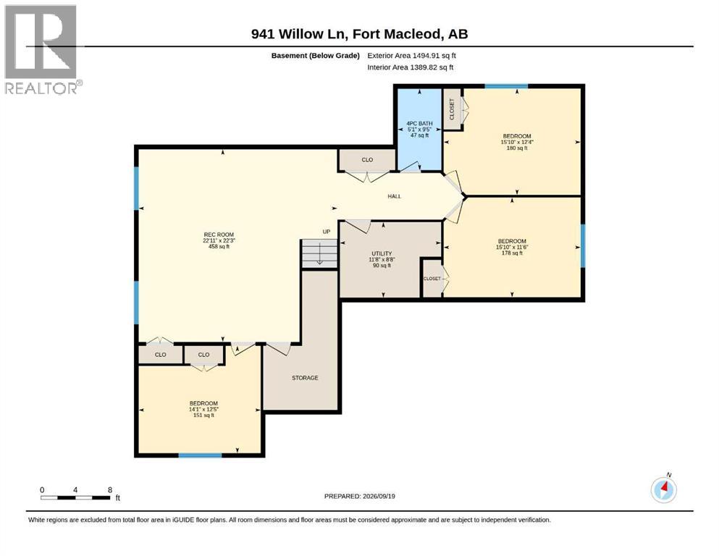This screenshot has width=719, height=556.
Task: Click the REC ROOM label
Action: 219,235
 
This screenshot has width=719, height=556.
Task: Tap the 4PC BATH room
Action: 419,130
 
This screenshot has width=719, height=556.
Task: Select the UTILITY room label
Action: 382,253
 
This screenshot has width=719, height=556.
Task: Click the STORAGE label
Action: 305,378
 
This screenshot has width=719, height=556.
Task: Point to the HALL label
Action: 395,196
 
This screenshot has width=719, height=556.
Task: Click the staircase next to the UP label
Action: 319,253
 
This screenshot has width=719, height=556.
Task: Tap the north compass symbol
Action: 663,489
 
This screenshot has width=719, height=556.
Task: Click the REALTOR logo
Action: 42,49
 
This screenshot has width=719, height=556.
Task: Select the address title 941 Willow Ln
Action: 300,34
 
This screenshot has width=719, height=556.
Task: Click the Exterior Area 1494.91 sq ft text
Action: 411,56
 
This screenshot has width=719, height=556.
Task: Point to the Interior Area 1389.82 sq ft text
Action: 411,67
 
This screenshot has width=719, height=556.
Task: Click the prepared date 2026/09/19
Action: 379,496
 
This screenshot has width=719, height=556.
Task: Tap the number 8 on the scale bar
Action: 110,489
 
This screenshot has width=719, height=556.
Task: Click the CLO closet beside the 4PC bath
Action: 367,160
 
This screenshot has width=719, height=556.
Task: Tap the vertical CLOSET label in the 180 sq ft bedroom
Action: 452,109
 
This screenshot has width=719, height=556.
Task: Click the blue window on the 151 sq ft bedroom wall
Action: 200,455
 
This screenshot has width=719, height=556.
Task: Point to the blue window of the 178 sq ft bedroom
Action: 583,245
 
